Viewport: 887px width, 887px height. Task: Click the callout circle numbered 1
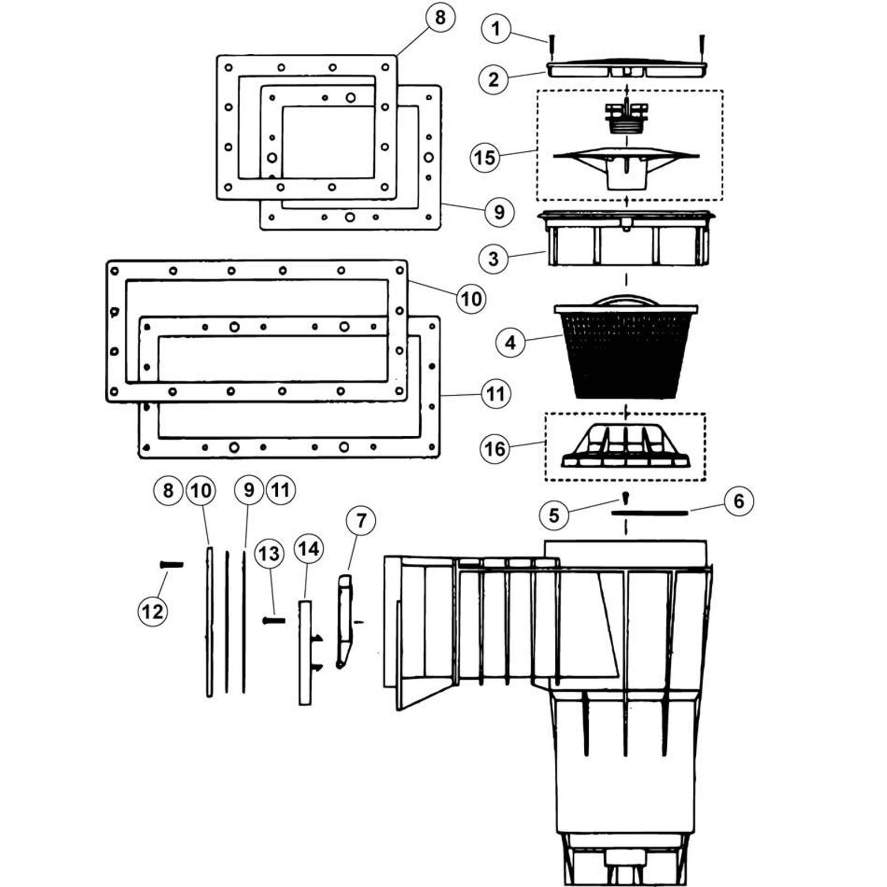[496, 28]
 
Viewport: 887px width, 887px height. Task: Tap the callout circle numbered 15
[485, 157]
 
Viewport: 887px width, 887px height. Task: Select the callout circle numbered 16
[495, 448]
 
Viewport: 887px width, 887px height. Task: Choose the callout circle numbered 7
[361, 521]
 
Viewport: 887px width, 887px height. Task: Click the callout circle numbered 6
[739, 501]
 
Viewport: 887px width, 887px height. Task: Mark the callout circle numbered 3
[494, 258]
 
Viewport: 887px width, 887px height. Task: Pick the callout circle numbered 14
[309, 549]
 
